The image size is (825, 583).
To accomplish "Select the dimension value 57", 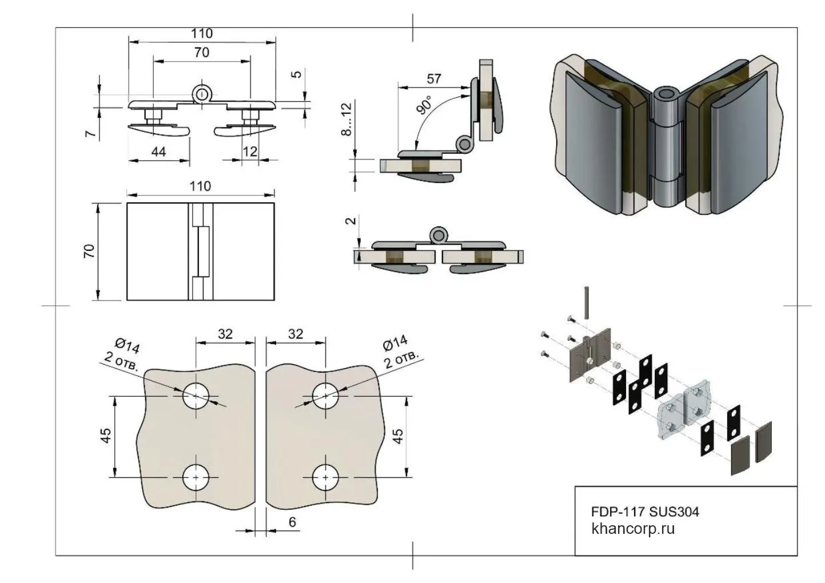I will (x=434, y=78).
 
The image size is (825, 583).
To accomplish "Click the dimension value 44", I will (x=158, y=151).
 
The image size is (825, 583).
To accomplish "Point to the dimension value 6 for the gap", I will (x=292, y=522).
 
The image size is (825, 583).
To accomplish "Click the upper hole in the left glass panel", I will (x=196, y=396).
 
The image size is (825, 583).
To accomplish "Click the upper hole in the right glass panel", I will (x=326, y=396).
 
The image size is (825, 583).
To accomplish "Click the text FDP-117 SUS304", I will (x=645, y=511).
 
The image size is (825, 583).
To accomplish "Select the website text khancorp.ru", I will (x=633, y=528).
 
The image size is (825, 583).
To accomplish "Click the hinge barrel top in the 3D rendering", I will (x=666, y=95).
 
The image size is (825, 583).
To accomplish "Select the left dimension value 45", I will (x=105, y=436).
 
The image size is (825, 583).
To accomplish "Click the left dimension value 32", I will (x=225, y=334).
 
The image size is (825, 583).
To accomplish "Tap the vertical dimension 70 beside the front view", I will (x=89, y=251).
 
